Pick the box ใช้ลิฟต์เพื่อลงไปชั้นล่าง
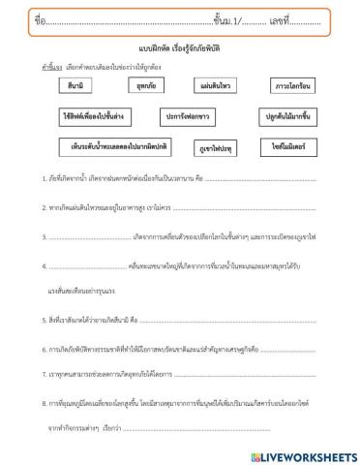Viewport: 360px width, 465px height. [94, 116]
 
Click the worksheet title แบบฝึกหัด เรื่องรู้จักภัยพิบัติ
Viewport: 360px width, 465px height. [180, 45]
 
